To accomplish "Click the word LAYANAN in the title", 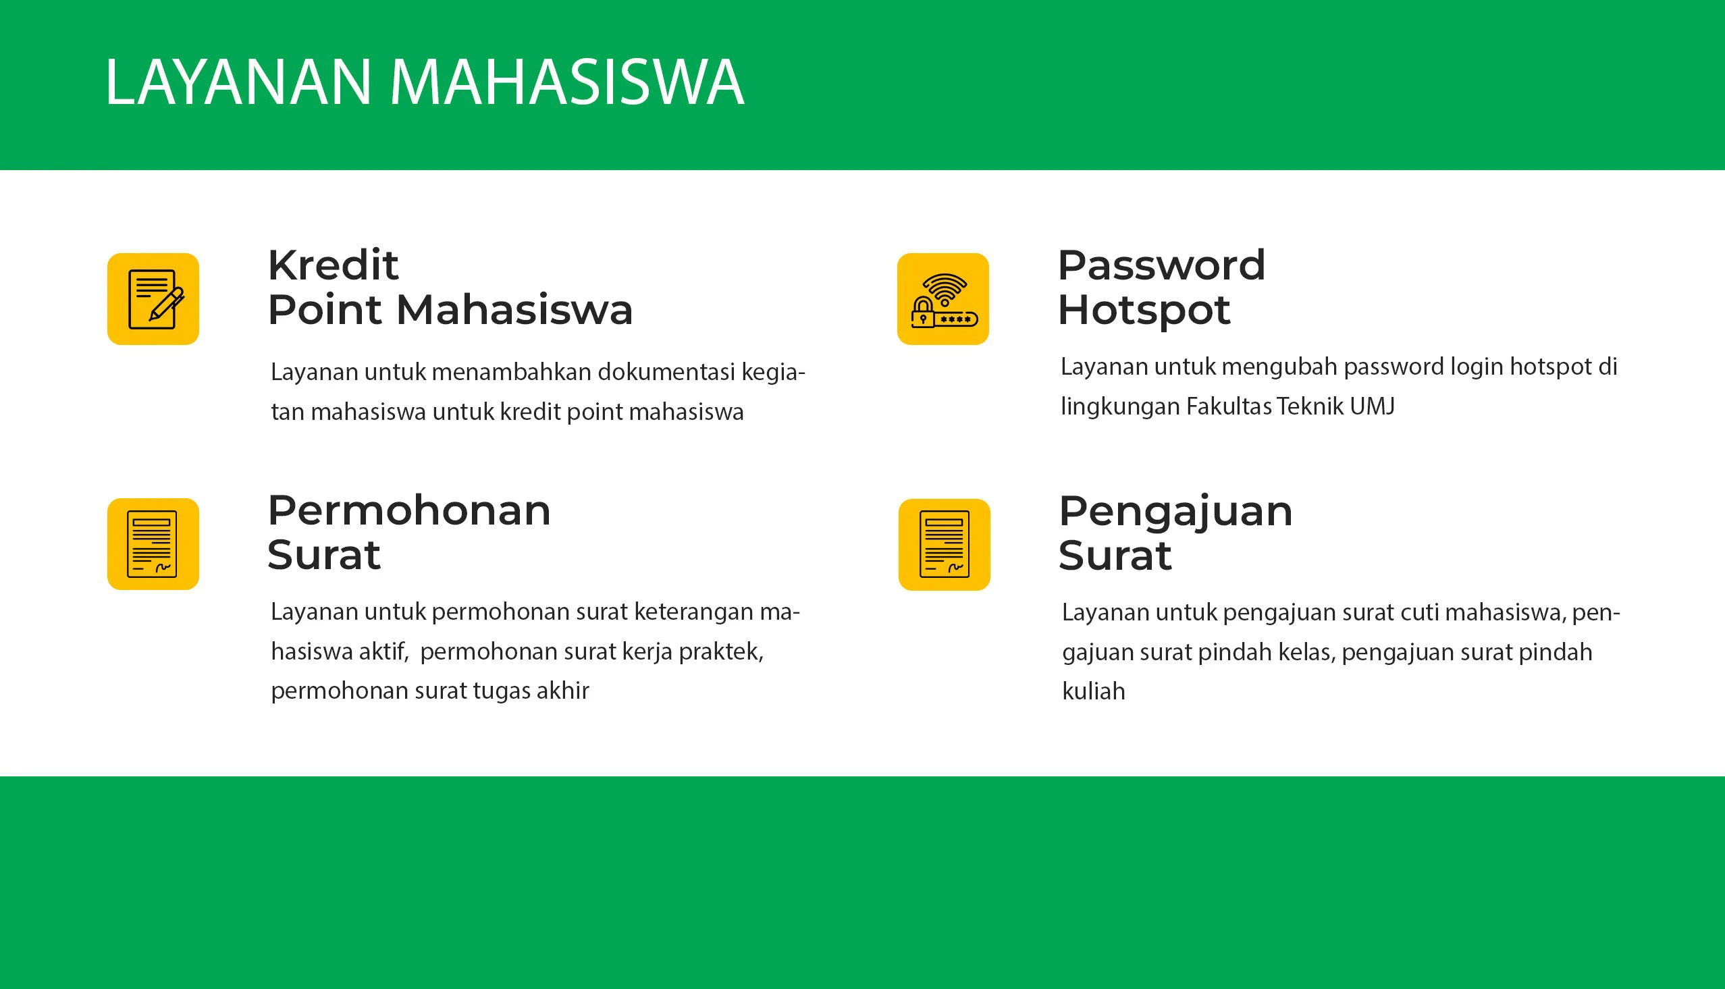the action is (238, 82).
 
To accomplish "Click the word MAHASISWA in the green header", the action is (568, 82).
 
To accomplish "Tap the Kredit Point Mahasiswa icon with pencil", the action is (153, 299).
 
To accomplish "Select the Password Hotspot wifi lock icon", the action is (943, 299).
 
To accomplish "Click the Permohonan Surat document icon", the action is (153, 544).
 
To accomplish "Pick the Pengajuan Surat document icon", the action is (944, 545).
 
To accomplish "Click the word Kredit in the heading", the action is (333, 265).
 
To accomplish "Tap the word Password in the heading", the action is (1161, 265).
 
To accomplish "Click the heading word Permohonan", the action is (409, 512).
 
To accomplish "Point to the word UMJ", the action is (1373, 406).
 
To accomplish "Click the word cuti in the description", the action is (1419, 613).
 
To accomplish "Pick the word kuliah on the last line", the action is (1094, 691).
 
